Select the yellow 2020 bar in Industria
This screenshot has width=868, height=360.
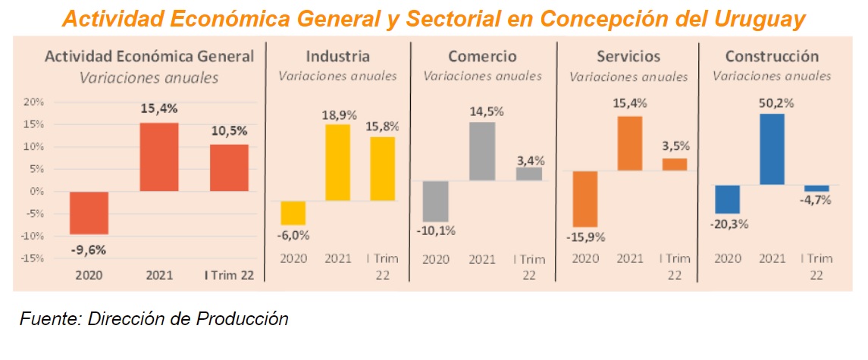(293, 212)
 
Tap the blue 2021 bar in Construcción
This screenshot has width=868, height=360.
(771, 149)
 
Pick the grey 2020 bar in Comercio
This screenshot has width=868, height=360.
(436, 201)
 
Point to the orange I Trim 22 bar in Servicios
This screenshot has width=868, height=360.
(675, 164)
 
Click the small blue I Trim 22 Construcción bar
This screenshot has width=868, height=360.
(816, 188)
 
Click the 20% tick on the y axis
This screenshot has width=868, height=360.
(34, 102)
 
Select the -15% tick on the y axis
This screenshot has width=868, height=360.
(33, 258)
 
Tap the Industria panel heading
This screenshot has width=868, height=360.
(337, 57)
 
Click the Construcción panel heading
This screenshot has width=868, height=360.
(772, 57)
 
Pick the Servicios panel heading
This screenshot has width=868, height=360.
(628, 57)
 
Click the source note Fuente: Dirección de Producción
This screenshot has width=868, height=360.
(154, 318)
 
